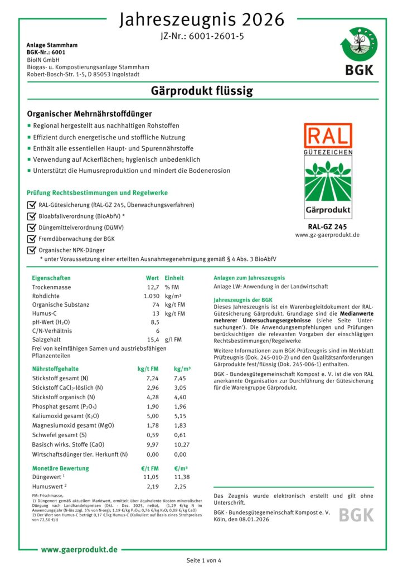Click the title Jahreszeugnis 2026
[201, 20]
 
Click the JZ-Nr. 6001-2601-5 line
[201, 36]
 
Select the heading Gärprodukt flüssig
[201, 90]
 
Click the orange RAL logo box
[328, 136]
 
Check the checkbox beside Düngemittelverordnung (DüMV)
[31, 228]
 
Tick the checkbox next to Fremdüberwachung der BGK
[31, 239]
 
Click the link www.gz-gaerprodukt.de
[327, 235]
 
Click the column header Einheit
[174, 278]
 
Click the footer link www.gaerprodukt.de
[79, 550]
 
